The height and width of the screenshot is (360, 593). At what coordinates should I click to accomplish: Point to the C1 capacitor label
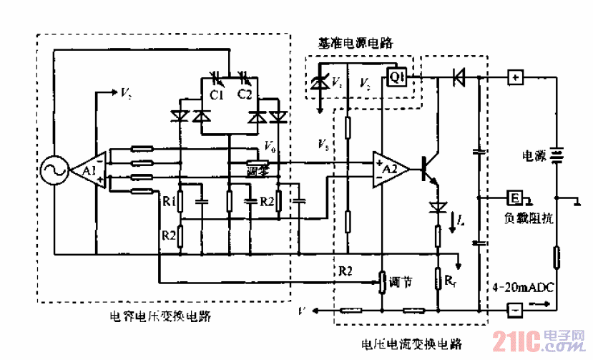pyautogui.click(x=217, y=94)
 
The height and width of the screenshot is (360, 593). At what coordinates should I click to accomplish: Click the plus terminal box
pyautogui.click(x=515, y=77)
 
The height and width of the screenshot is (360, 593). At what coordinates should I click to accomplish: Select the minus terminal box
pyautogui.click(x=514, y=310)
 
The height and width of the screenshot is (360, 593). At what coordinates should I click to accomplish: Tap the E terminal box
pyautogui.click(x=514, y=197)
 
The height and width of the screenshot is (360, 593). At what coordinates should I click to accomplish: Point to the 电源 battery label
pyautogui.click(x=536, y=154)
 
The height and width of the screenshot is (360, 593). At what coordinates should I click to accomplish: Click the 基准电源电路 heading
pyautogui.click(x=356, y=43)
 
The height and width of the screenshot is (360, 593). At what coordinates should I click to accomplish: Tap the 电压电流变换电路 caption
pyautogui.click(x=413, y=343)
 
